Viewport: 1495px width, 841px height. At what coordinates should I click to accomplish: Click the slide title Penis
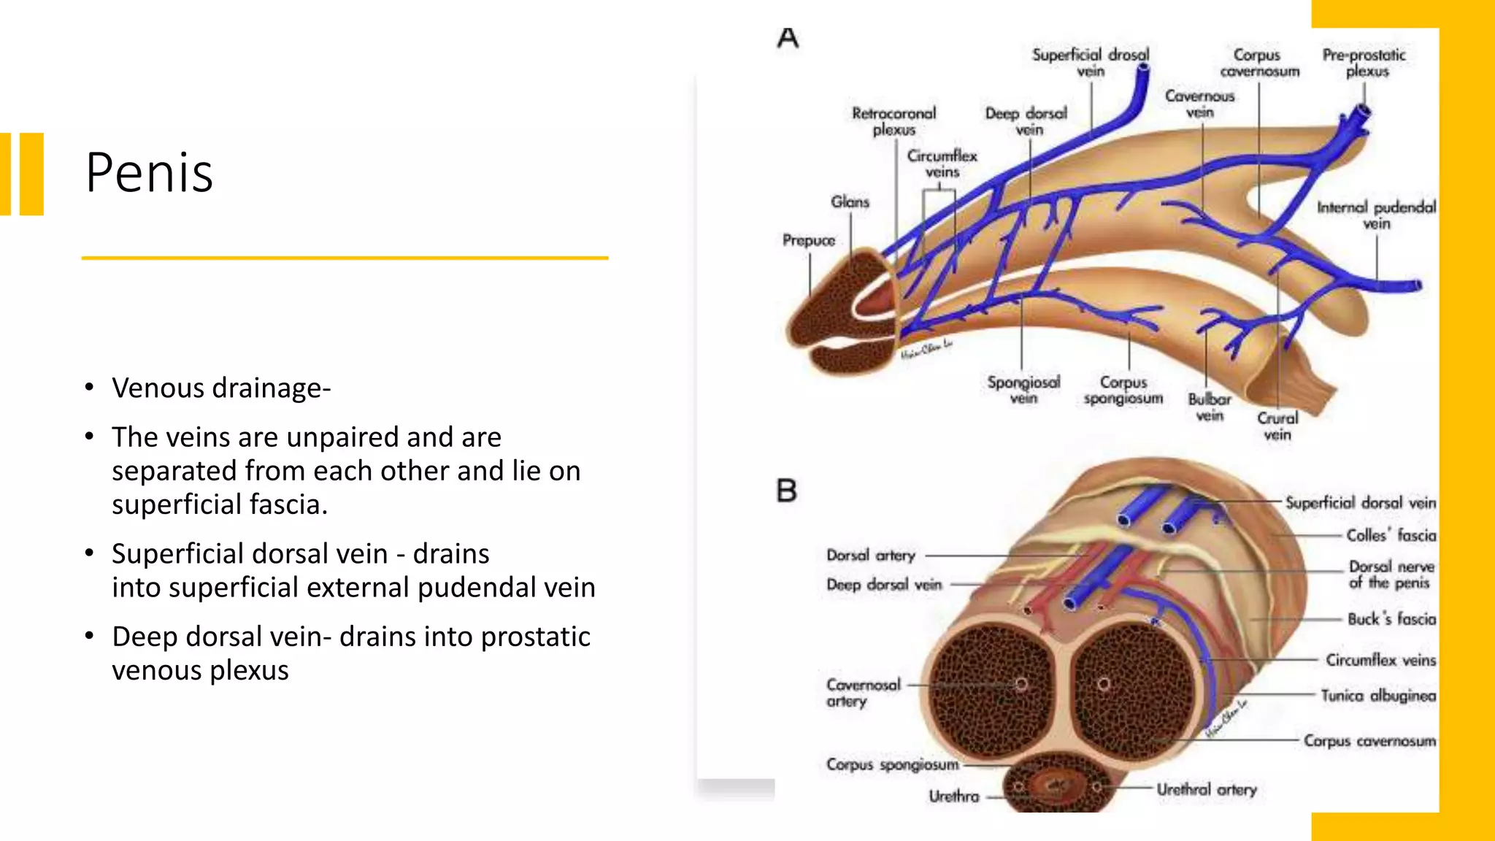coord(149,173)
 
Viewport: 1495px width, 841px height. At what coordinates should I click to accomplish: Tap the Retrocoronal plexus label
coord(894,121)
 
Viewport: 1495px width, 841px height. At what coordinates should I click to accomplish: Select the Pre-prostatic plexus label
coord(1364,63)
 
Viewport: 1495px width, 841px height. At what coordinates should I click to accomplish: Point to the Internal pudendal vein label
coord(1376,215)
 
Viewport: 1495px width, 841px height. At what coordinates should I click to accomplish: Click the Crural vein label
coord(1277,426)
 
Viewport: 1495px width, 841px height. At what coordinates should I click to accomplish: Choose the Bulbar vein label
coord(1210,407)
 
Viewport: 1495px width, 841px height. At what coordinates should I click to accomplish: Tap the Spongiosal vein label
coord(1023,390)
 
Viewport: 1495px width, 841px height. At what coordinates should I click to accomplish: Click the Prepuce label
coord(809,240)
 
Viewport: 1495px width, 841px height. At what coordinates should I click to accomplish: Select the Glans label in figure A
coord(850,202)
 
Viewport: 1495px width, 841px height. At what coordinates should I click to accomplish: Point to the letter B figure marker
coord(787,491)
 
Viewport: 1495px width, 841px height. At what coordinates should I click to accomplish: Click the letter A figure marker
coord(788,38)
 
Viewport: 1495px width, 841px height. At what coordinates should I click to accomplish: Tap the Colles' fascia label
coord(1391,535)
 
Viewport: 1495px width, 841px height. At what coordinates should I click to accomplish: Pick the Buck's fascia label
coord(1391,619)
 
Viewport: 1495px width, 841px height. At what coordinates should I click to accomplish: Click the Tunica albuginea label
coord(1378,696)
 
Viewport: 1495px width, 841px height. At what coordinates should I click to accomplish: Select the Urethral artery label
coord(1207,789)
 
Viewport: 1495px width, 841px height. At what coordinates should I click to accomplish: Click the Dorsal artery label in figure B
coord(870,556)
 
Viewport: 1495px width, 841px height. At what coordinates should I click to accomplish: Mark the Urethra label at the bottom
coord(953,796)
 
